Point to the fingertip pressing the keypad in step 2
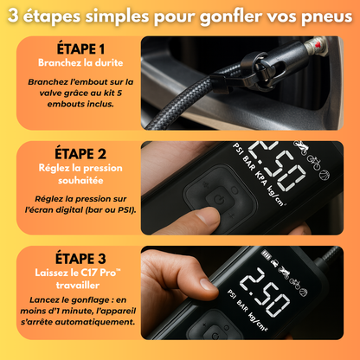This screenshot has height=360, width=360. (208, 216)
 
